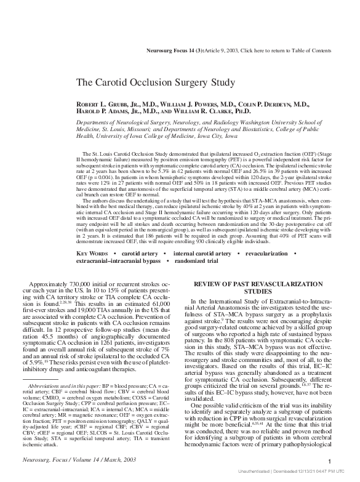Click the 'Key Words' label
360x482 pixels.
click(92, 254)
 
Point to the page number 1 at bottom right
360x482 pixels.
click(330, 462)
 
